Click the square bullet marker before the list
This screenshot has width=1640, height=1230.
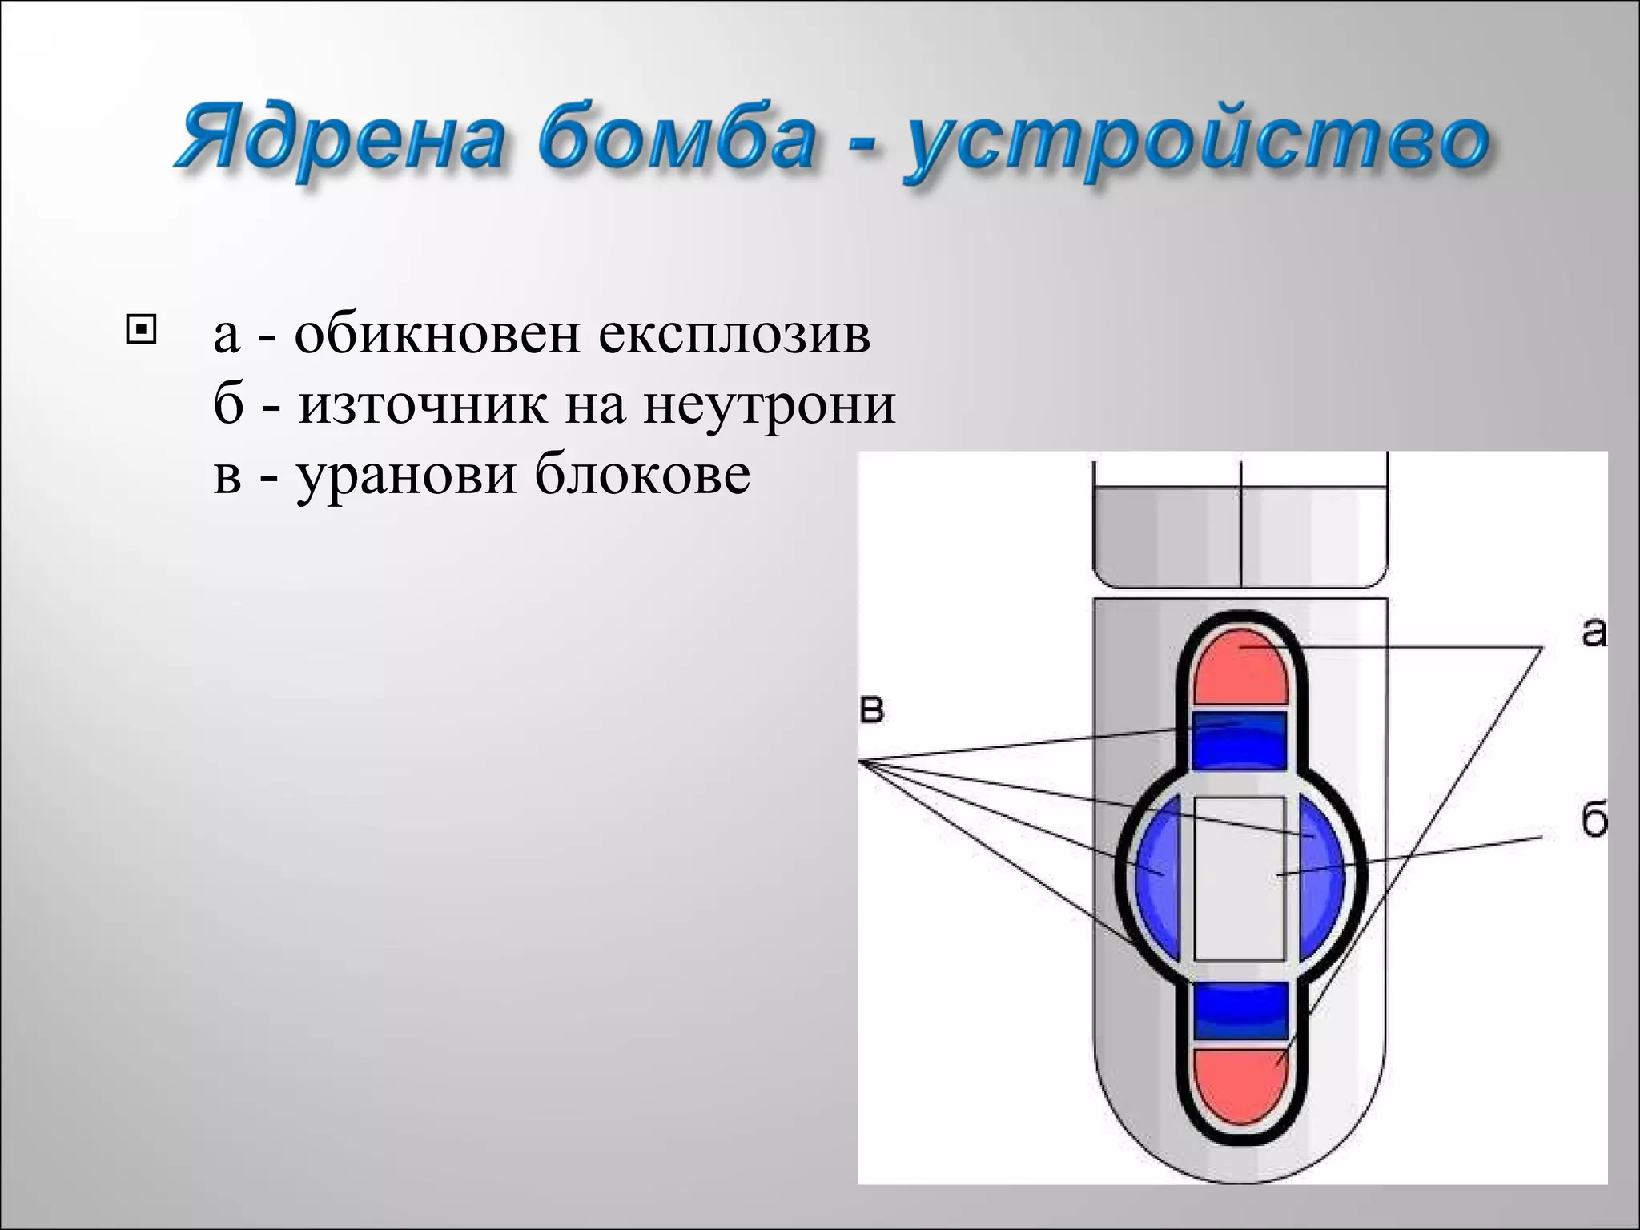click(x=141, y=330)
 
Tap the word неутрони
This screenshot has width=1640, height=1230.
click(x=770, y=404)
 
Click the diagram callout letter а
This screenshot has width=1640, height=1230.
click(x=1593, y=633)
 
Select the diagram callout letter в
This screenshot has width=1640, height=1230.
click(x=872, y=710)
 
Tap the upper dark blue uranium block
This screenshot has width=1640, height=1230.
click(x=1240, y=741)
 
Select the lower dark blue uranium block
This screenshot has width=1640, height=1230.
click(x=1240, y=1011)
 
